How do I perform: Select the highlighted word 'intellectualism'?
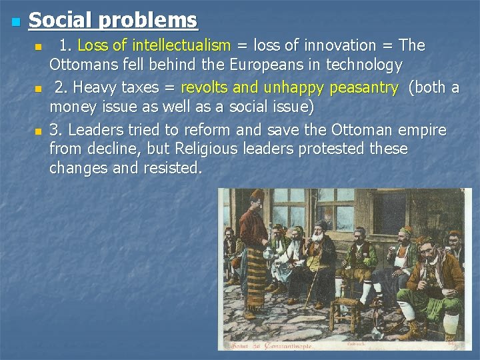coord(181,46)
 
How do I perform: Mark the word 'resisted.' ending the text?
coord(172,168)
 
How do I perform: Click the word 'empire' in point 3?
coord(423,129)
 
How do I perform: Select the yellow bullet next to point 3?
coord(39,131)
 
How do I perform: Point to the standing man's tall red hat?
coord(258,195)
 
